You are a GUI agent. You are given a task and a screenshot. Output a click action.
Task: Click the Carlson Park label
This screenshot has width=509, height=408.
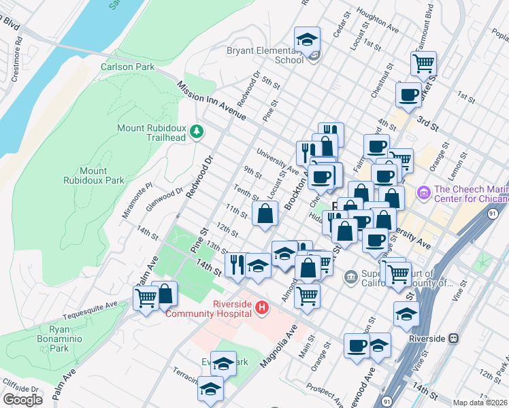[x=127, y=67]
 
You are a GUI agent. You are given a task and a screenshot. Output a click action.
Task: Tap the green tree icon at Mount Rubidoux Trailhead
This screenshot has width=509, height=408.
[x=197, y=130]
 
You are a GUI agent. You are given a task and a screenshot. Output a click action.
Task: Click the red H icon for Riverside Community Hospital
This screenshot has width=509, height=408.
[x=261, y=309]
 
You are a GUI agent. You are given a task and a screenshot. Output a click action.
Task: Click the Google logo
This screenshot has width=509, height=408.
[x=22, y=400]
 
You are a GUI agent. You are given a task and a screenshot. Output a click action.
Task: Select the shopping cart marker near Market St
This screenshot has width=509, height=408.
[x=423, y=63]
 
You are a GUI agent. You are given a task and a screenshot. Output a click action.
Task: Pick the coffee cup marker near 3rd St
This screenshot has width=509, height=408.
[x=408, y=94]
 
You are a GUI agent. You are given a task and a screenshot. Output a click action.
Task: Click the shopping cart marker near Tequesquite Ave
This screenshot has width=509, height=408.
[x=146, y=297]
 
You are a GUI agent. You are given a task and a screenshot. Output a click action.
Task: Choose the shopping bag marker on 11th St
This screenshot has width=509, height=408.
[x=265, y=213]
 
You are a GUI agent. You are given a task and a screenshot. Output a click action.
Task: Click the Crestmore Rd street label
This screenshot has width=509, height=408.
[x=20, y=48]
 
